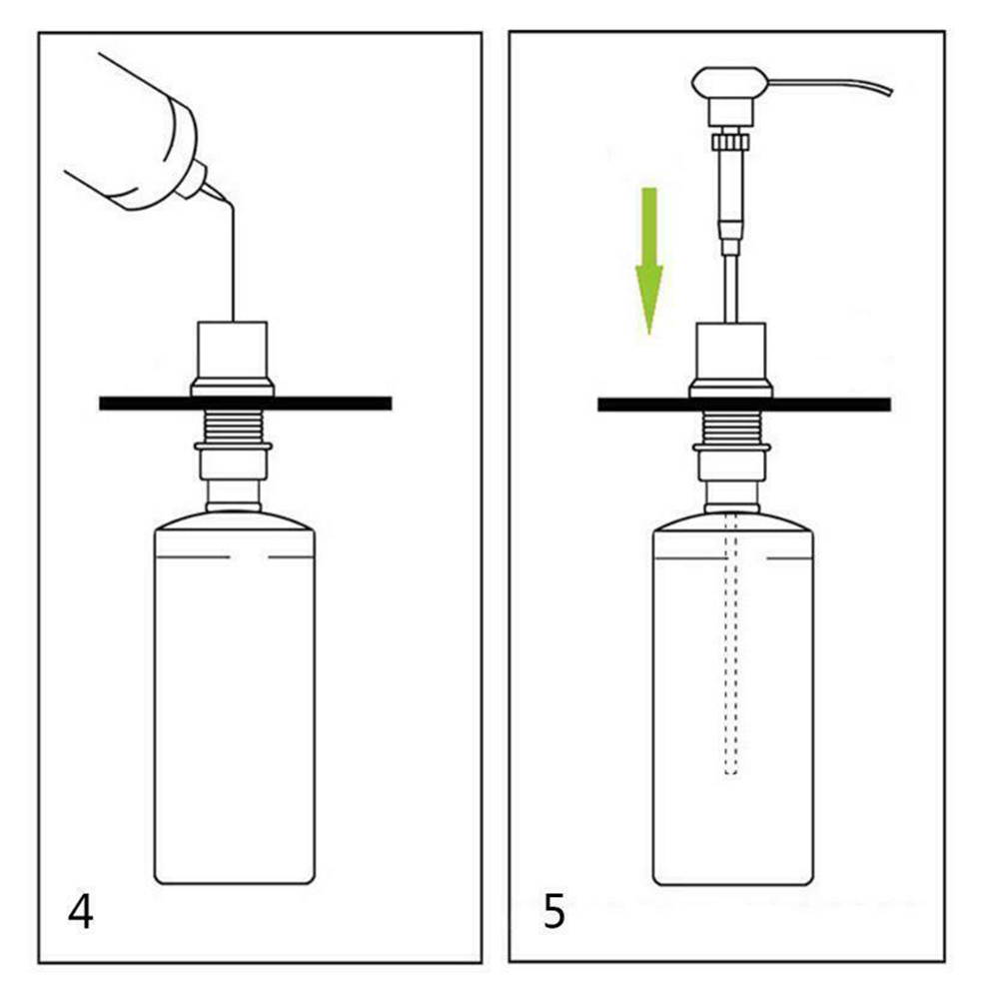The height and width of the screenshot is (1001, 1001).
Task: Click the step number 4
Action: click(81, 912)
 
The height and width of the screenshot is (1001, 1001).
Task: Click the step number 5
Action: click(554, 912)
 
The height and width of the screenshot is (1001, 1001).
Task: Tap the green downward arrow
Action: click(649, 261)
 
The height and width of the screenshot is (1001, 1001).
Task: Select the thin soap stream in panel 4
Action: click(233, 262)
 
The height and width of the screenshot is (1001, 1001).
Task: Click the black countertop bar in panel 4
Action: click(246, 403)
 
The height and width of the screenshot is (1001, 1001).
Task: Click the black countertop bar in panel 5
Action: click(743, 405)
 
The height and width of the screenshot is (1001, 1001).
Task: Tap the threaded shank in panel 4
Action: click(233, 425)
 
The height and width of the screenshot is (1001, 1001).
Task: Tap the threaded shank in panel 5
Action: click(731, 426)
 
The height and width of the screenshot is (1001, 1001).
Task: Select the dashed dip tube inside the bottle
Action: click(731, 641)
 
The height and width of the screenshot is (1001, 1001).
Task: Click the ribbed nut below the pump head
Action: click(729, 139)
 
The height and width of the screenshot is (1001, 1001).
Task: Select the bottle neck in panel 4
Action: click(233, 496)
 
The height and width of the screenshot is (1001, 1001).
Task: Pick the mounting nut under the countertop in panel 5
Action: click(731, 461)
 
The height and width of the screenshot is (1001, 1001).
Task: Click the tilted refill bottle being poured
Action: click(137, 141)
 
